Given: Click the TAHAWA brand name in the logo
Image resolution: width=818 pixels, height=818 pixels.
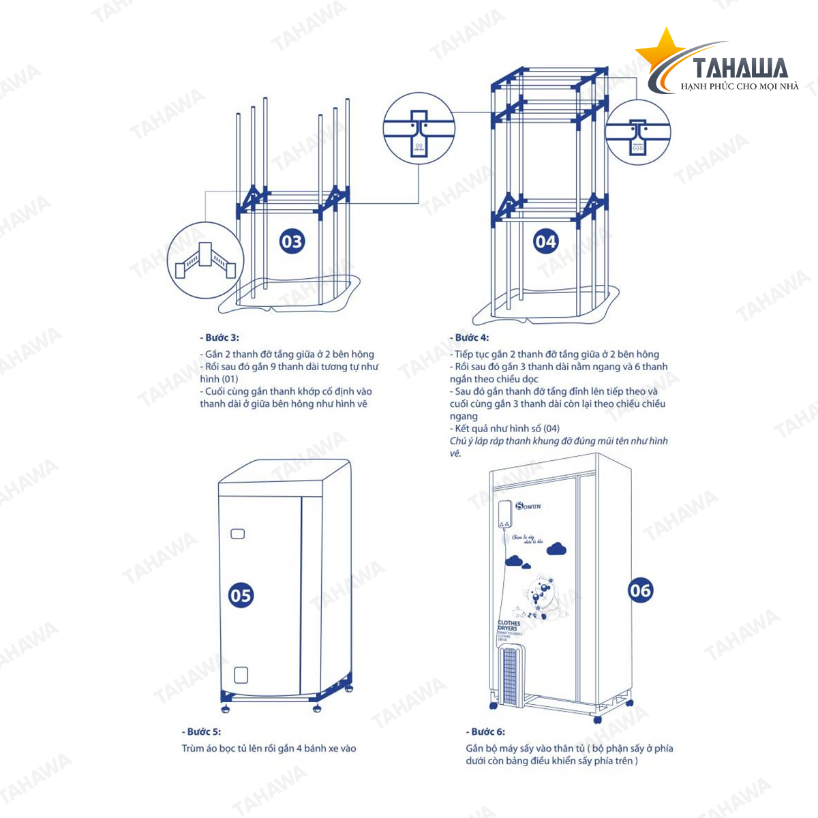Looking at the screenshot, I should [740, 68].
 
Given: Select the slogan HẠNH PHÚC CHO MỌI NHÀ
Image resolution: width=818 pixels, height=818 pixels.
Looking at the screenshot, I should [740, 87].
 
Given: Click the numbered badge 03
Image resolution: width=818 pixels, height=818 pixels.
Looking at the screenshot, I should [292, 241].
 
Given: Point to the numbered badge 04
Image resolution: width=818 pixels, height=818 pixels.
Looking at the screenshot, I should [545, 241].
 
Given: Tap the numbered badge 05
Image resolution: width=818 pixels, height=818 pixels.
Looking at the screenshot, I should [241, 596].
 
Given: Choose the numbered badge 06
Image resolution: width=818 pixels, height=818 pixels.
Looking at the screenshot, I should [640, 590].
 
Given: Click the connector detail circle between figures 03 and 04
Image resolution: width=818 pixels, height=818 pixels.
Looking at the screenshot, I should [419, 129].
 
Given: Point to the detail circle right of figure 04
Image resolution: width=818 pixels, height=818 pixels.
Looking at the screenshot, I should [638, 132].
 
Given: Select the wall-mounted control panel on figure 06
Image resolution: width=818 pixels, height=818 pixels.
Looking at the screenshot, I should [504, 515].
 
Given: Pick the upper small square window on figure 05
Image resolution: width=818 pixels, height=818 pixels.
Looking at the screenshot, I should [237, 533].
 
